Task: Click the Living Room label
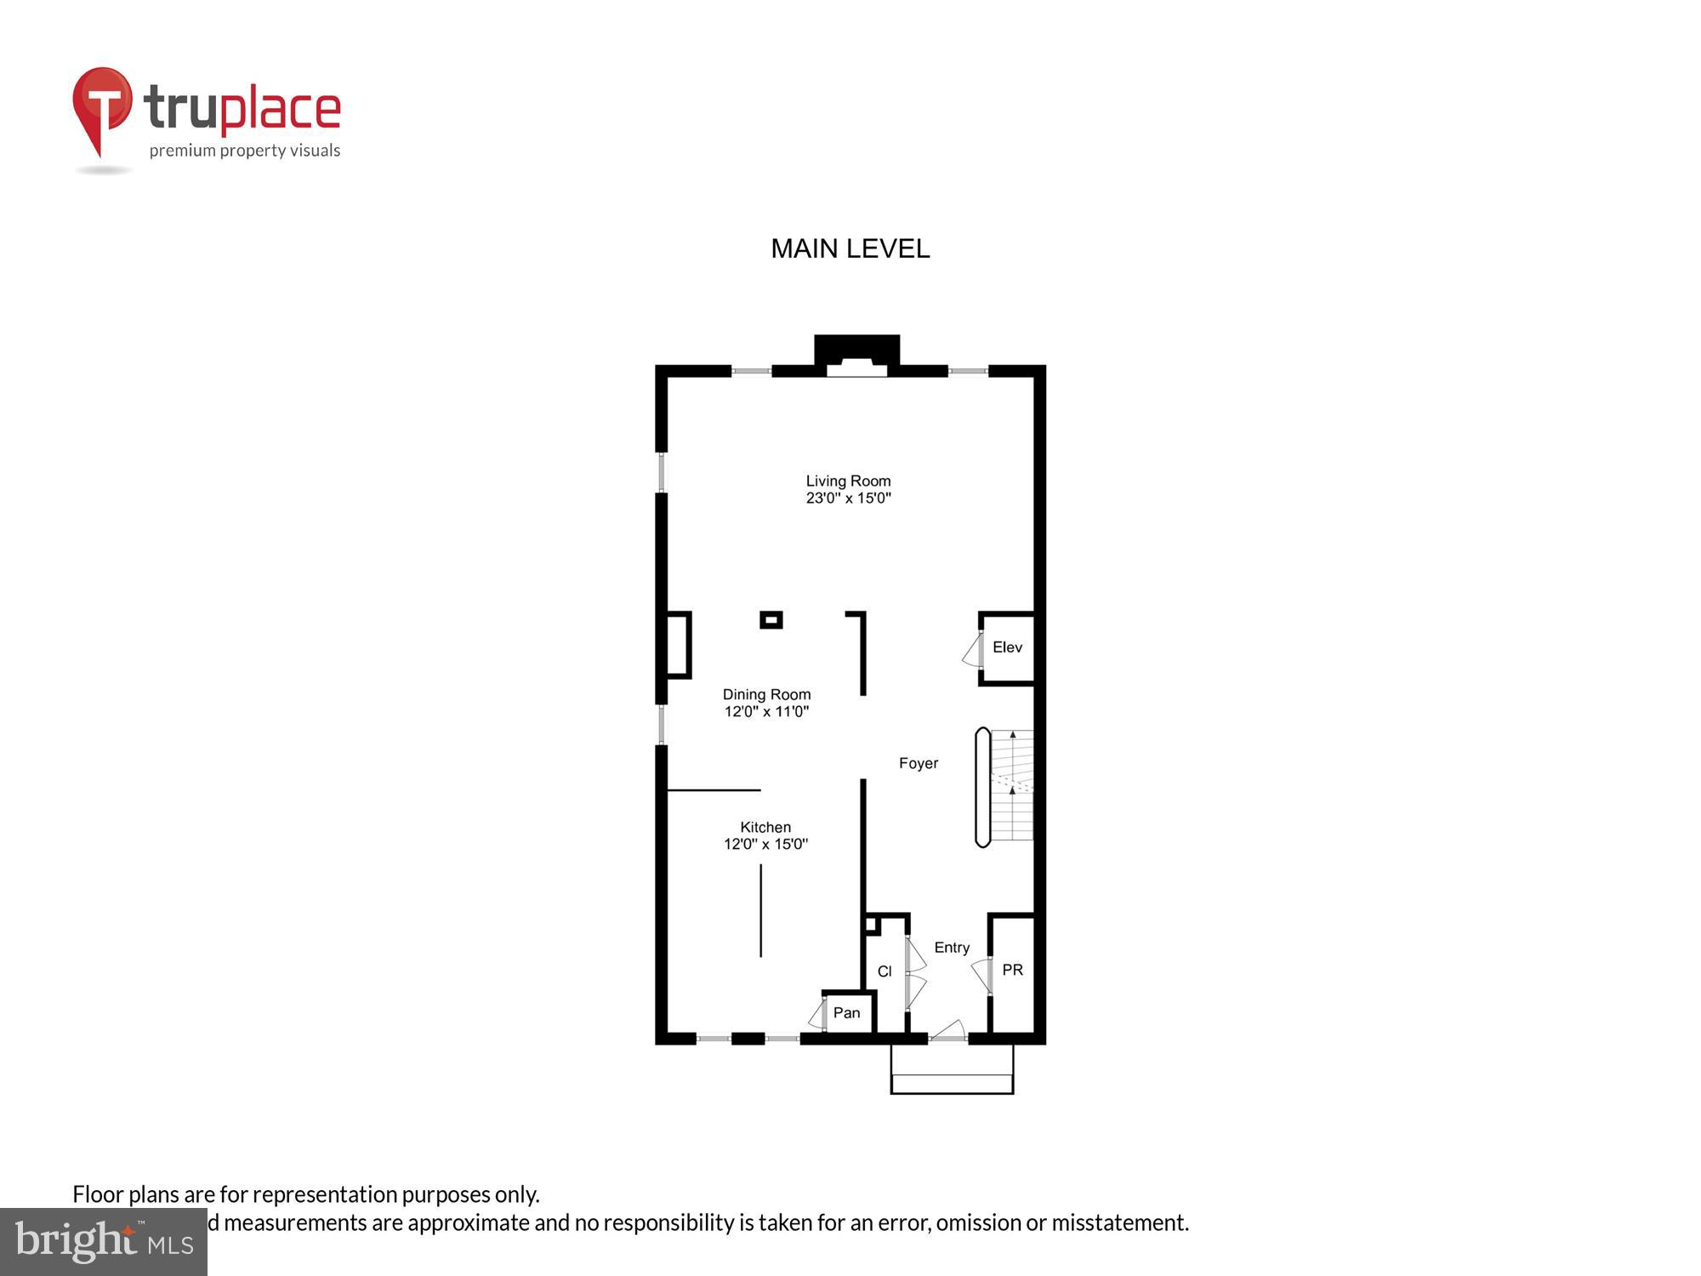click(x=848, y=481)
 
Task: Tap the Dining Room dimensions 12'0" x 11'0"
click(x=766, y=712)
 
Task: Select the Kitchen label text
click(x=765, y=827)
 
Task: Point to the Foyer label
click(x=919, y=763)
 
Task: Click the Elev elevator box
click(x=1007, y=647)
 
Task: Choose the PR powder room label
click(x=1012, y=970)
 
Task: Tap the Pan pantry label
click(x=846, y=1012)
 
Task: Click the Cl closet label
click(x=885, y=971)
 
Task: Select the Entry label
click(x=952, y=948)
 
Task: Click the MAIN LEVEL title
click(x=850, y=248)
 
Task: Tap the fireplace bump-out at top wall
click(x=856, y=353)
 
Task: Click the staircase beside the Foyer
click(x=1012, y=785)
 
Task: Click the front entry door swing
click(x=948, y=1031)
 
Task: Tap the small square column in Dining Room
click(x=771, y=620)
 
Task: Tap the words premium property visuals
click(x=245, y=151)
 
